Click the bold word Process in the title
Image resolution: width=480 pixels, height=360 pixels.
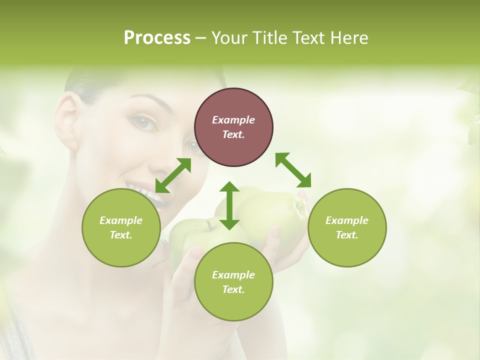157,38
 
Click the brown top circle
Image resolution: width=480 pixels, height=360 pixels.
233,127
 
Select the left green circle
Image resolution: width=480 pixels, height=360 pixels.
121,227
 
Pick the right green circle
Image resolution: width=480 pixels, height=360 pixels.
347,227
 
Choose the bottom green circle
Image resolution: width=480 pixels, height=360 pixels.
233,282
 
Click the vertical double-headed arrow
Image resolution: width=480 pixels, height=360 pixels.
229,205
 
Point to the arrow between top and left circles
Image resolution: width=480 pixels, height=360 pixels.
173,175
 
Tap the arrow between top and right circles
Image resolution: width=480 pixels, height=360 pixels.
293,170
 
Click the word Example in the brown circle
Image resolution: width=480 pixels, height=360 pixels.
233,120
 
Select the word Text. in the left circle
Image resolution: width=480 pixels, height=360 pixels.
121,235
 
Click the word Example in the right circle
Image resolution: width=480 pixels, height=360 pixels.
347,220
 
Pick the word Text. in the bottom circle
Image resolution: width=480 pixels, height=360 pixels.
233,289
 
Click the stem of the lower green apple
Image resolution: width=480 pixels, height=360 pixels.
208,226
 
